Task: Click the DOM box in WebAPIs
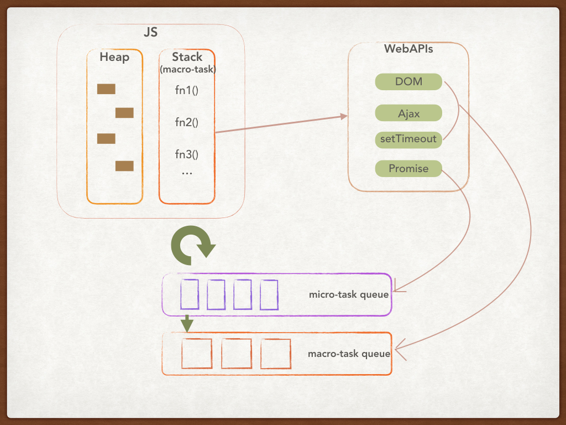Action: coord(408,82)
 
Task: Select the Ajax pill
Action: coord(408,113)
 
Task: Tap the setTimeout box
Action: coord(408,139)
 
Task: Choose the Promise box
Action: coord(408,169)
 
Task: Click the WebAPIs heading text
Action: coord(408,49)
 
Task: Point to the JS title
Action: coord(150,32)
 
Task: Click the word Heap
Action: coord(114,57)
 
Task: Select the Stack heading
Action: coord(187,57)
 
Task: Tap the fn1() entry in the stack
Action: coord(187,90)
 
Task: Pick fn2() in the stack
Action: coord(187,122)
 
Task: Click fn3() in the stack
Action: coord(187,154)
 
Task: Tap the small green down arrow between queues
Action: coord(188,322)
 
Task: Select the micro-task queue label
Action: coord(348,294)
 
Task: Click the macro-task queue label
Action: coord(349,354)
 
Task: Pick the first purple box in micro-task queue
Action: coord(190,295)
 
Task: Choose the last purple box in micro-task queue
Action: coord(269,295)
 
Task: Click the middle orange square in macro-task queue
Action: coord(236,354)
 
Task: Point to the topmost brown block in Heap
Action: coord(106,89)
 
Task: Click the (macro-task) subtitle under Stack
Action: coord(187,70)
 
